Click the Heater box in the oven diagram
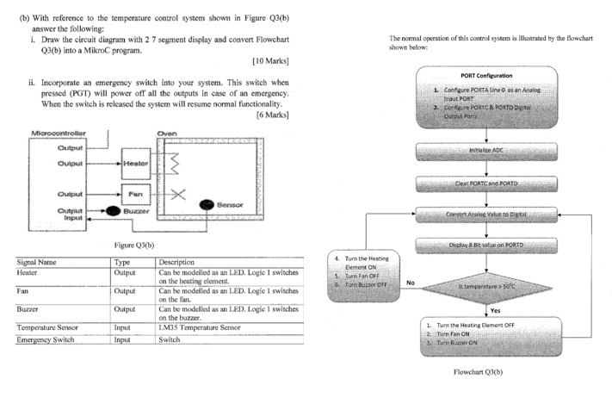136,164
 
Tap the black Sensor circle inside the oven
206,204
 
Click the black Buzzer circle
111,210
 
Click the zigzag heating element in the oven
170,162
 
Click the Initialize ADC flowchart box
487,150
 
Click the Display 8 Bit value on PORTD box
487,245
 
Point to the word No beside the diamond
410,282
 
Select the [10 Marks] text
269,62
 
